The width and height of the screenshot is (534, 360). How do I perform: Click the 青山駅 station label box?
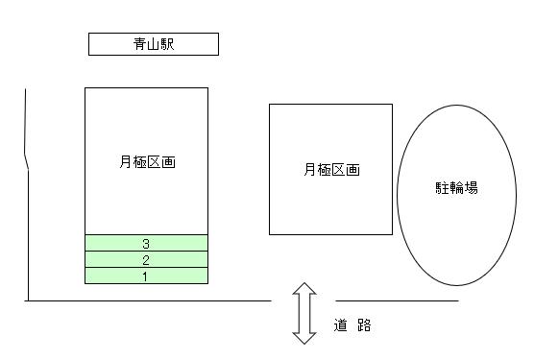point(154,44)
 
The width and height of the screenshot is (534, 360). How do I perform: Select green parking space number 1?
point(146,276)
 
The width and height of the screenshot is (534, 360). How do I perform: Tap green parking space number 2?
point(146,259)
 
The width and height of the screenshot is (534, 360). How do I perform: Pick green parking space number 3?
point(146,243)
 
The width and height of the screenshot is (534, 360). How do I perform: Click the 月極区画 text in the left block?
point(147,162)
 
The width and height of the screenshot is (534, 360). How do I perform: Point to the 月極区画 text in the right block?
point(330,170)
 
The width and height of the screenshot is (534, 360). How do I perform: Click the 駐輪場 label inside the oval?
point(456,187)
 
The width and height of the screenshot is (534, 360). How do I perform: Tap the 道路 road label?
point(352,325)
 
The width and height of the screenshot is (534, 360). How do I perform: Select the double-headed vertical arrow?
point(304,313)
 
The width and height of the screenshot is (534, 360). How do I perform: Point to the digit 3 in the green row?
point(146,244)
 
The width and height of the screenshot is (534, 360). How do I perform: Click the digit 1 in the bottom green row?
point(146,276)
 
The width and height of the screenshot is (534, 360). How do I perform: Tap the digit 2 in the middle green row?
point(146,260)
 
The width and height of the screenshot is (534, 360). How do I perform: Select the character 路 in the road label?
point(363,325)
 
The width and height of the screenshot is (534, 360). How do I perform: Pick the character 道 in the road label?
point(341,325)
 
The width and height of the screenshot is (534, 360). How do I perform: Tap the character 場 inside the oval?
point(470,187)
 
